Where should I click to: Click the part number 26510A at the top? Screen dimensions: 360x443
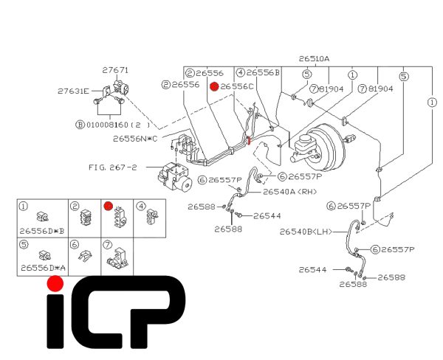pyautogui.click(x=315, y=58)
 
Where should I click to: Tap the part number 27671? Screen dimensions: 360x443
pyautogui.click(x=115, y=70)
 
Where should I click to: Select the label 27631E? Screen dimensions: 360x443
pyautogui.click(x=74, y=91)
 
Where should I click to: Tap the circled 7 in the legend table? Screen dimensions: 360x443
pyautogui.click(x=107, y=244)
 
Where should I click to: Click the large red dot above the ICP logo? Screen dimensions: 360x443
pyautogui.click(x=54, y=283)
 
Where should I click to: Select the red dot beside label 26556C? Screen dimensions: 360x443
pyautogui.click(x=214, y=86)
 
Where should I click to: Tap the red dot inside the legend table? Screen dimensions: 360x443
pyautogui.click(x=108, y=206)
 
